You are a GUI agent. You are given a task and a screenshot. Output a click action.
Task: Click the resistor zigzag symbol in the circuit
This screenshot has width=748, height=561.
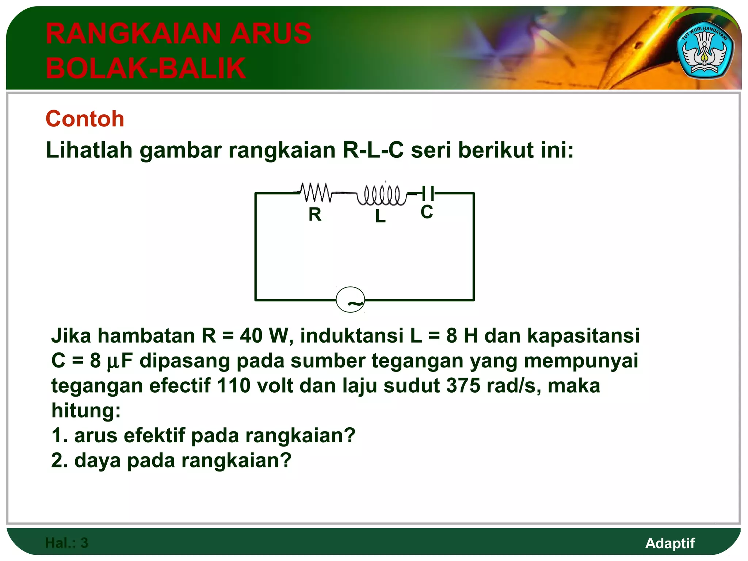click(x=316, y=192)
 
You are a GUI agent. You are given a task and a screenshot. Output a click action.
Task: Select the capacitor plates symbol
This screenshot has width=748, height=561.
click(x=428, y=193)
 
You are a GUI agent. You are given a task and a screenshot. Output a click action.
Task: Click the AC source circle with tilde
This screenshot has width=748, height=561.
click(x=350, y=300)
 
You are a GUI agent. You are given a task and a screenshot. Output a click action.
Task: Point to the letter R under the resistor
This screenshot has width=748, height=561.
click(x=315, y=214)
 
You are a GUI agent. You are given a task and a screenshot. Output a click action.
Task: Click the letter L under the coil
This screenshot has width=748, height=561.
click(x=380, y=216)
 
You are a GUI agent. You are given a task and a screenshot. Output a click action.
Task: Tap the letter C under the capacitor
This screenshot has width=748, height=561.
click(x=427, y=212)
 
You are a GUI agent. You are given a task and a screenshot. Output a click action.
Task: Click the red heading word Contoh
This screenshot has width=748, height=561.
click(x=85, y=119)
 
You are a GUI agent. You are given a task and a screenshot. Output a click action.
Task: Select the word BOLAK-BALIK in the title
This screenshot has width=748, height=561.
click(x=146, y=68)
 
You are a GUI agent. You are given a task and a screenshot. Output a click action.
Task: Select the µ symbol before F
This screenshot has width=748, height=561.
click(x=113, y=362)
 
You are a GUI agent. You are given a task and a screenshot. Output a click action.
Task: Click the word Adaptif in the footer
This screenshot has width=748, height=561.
click(x=670, y=543)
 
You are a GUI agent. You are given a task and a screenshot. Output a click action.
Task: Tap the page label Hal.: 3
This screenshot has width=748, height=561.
click(x=66, y=543)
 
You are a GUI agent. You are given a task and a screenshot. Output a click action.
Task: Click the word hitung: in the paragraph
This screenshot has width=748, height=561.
click(x=86, y=411)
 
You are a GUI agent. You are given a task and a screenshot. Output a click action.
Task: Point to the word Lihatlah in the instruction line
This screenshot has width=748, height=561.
click(x=89, y=150)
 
